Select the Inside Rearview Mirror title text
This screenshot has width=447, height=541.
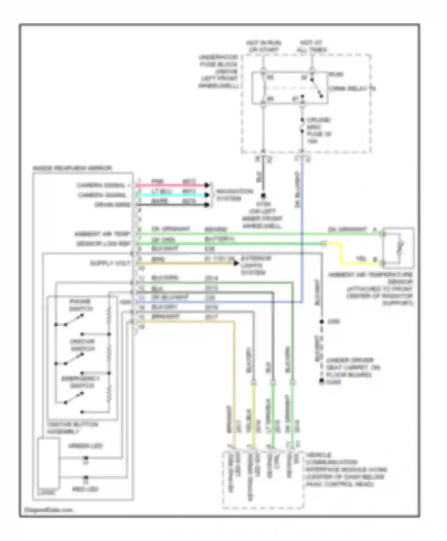[72, 168]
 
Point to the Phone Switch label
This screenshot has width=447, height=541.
[80, 305]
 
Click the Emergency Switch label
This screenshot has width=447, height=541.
[80, 382]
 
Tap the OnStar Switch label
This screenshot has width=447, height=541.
[82, 345]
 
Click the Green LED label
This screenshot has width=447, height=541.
[85, 446]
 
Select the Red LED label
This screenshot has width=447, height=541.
[85, 489]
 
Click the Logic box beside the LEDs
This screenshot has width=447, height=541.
[48, 465]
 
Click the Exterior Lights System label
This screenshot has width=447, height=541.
[255, 265]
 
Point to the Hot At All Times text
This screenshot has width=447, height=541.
[311, 46]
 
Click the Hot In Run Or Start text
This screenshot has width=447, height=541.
[263, 46]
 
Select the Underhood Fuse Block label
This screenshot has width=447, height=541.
[219, 72]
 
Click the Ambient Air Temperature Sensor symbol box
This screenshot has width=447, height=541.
[398, 248]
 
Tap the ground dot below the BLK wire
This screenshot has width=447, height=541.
[263, 196]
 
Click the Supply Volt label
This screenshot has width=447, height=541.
[110, 263]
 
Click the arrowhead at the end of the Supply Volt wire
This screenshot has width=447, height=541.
[236, 263]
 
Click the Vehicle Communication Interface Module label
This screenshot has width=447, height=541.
[346, 469]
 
